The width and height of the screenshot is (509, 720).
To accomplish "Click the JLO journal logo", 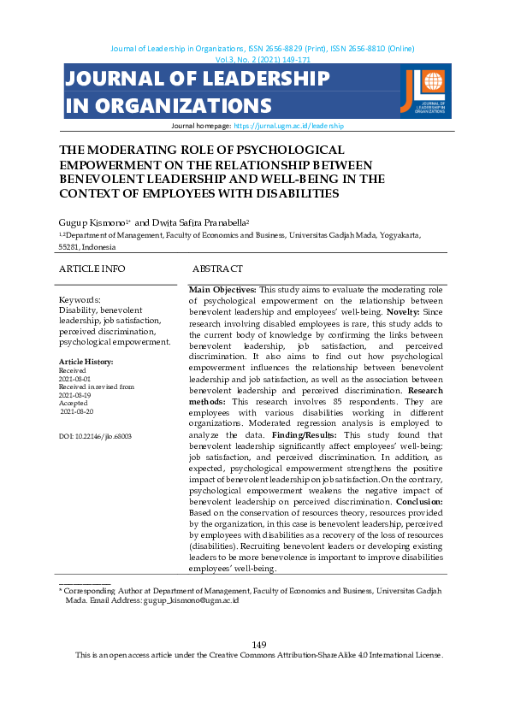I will click(x=423, y=91).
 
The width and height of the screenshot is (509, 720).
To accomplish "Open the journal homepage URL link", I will click(x=288, y=125).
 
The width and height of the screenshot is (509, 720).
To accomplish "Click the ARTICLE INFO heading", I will click(x=92, y=269).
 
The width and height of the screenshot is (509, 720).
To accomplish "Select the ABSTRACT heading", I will click(x=217, y=269).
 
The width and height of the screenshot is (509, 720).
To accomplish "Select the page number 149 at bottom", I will click(x=259, y=644).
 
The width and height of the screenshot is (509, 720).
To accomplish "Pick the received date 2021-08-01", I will click(x=74, y=378).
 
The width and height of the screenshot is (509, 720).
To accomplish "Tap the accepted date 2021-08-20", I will click(x=75, y=411).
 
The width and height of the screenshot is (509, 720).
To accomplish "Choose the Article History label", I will click(x=86, y=362).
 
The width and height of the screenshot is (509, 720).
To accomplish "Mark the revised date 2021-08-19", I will click(x=74, y=395).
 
